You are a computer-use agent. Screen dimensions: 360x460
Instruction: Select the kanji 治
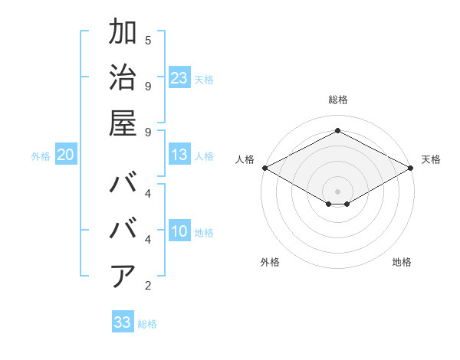[x=123, y=78]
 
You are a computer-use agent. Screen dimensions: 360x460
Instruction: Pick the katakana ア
[x=123, y=277]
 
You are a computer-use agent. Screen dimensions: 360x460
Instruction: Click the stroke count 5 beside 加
[x=148, y=39]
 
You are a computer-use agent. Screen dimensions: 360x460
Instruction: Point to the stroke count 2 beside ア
[x=148, y=286]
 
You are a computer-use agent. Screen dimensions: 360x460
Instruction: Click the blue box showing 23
[x=179, y=78]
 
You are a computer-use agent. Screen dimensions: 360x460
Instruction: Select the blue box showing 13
[x=179, y=155]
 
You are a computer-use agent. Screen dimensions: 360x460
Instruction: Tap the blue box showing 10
[x=179, y=232]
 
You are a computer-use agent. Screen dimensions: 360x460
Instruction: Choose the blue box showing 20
[x=65, y=155]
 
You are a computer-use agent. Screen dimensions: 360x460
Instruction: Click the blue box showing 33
[x=123, y=322]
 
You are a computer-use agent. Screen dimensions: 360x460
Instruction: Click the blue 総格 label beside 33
[x=147, y=324]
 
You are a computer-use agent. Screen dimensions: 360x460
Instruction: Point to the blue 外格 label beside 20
[x=41, y=156]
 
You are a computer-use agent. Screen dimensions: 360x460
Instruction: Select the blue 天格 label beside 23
[x=204, y=80]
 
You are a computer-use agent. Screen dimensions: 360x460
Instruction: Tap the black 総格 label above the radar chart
[x=337, y=100]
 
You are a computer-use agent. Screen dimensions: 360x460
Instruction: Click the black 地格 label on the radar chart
[x=402, y=262]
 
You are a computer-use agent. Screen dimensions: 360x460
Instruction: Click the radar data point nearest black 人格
[x=264, y=168]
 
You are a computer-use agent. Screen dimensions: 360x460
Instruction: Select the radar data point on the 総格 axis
[x=337, y=131]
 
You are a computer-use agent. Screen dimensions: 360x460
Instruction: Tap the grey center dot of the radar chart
[x=337, y=191]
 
